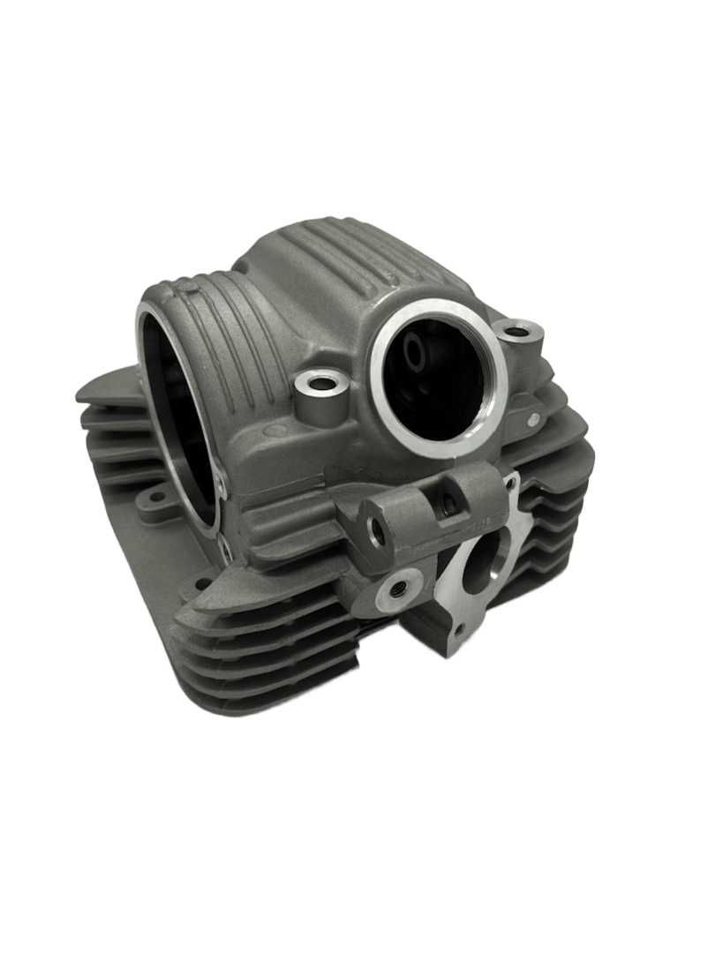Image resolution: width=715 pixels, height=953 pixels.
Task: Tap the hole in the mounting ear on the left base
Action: pyautogui.click(x=156, y=498)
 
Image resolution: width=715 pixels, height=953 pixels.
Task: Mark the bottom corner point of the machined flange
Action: pyautogui.click(x=439, y=658)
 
